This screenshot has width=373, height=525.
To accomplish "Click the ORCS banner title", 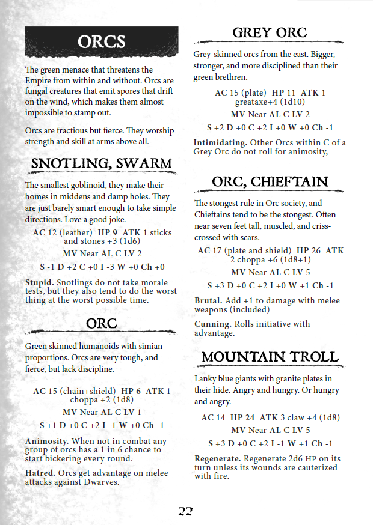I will [x=101, y=41].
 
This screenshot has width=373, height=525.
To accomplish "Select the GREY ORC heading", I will [x=270, y=32].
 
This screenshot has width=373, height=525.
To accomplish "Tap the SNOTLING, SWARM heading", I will [x=101, y=163].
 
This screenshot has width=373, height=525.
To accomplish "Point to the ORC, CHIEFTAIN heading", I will [x=270, y=181].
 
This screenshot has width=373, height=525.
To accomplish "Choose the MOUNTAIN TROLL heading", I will [x=270, y=357].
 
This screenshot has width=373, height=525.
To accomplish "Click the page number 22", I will [x=185, y=511].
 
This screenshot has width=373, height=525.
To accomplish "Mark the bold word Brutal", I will [x=208, y=301].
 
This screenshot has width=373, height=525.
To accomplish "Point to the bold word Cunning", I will [x=211, y=324].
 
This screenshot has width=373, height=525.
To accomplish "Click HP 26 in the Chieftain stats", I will [x=308, y=250].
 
